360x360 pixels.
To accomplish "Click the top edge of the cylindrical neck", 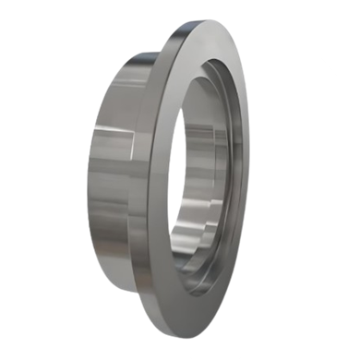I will [129, 53].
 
